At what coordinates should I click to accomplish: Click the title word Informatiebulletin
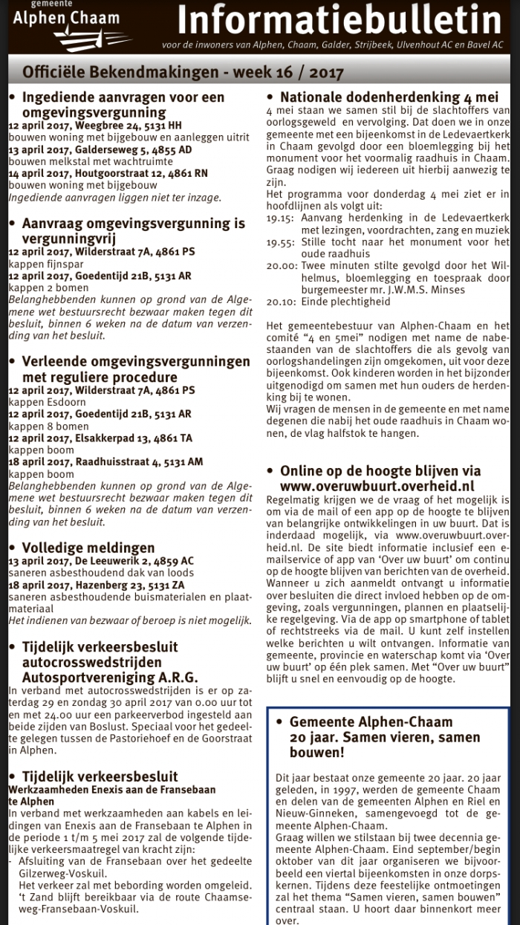(339, 21)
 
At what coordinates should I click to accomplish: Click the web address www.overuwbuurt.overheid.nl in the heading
(377, 485)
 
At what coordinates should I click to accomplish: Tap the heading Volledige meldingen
(88, 548)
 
